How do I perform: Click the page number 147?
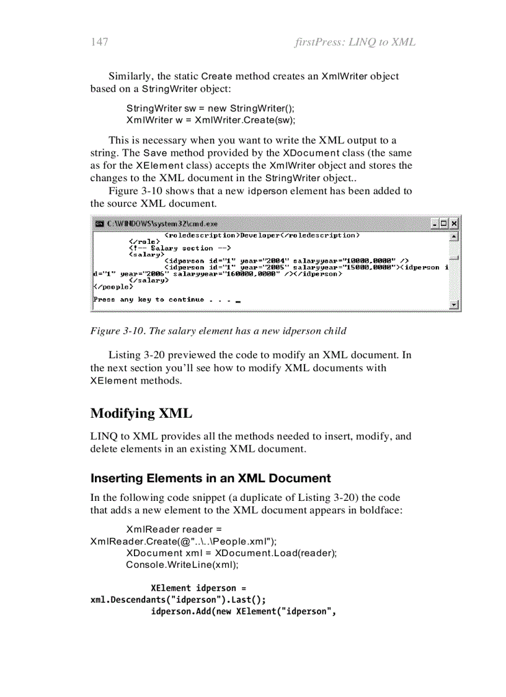[x=99, y=42]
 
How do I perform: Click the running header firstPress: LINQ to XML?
[x=355, y=42]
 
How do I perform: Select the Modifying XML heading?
[x=141, y=413]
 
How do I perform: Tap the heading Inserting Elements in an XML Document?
[x=211, y=478]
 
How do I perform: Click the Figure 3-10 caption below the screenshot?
[x=218, y=331]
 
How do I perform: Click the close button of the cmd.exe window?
[x=455, y=223]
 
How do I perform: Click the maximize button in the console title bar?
[x=445, y=223]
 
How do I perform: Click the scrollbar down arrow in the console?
[x=454, y=305]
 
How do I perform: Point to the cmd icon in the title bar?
[x=99, y=223]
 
